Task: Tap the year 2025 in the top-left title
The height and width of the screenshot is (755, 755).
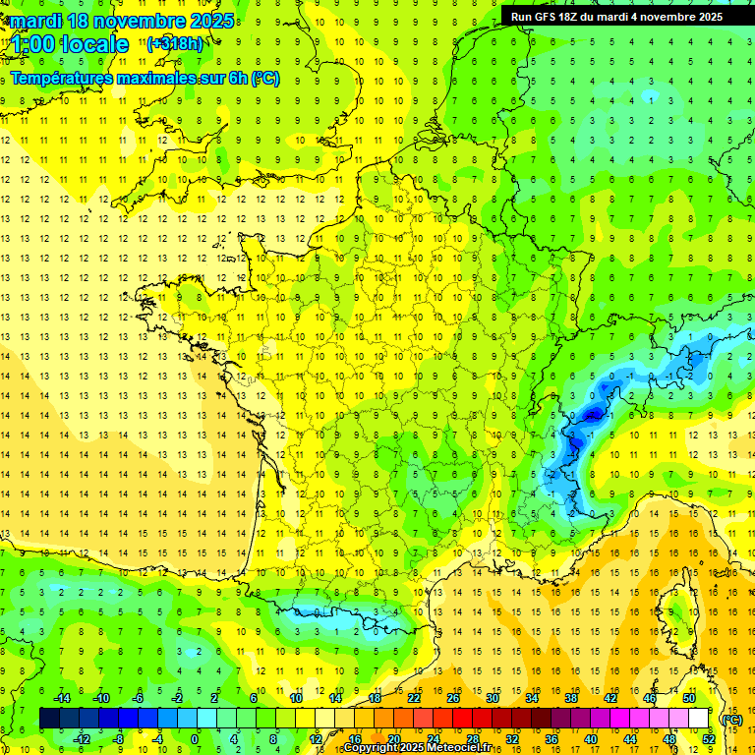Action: [x=204, y=20]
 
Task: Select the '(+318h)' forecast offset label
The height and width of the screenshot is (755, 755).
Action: [x=175, y=43]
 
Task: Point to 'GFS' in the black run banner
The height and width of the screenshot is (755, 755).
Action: [x=549, y=17]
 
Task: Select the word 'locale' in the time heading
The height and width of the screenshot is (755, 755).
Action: [x=92, y=44]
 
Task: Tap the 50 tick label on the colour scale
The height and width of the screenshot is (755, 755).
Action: [x=689, y=698]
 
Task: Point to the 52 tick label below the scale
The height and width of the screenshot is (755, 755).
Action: [x=709, y=739]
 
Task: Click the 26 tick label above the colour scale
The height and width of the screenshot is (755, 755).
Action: [x=453, y=698]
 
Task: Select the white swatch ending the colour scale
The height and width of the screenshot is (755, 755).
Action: [x=699, y=719]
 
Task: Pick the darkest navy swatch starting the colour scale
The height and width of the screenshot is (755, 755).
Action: [x=49, y=719]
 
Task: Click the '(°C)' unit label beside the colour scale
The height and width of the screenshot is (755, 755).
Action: [x=731, y=719]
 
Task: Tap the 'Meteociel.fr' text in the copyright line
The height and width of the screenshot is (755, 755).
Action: [x=458, y=748]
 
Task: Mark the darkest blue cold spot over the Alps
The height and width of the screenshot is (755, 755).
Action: [x=592, y=415]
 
